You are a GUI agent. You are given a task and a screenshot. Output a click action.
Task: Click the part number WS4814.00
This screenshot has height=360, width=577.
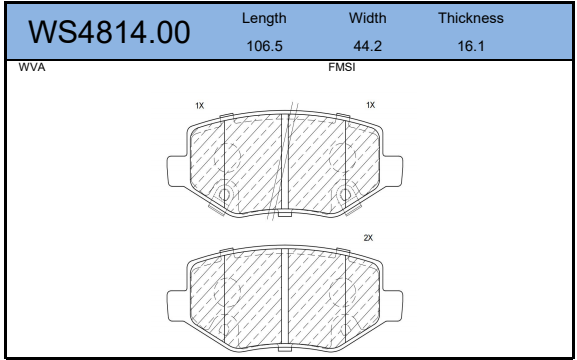[x=109, y=32]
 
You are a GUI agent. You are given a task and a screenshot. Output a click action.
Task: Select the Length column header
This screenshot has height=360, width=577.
[x=264, y=18]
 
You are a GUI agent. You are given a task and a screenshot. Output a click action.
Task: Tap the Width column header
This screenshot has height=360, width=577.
[x=368, y=18]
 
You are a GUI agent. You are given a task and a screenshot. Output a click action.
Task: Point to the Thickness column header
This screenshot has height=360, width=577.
[x=471, y=18]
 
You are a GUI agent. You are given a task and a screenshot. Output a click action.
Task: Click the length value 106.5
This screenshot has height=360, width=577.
[x=264, y=46]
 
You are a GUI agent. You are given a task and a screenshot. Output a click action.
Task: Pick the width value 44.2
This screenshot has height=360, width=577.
[x=368, y=46]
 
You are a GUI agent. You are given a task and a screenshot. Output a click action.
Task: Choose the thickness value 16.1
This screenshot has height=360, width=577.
[x=471, y=46]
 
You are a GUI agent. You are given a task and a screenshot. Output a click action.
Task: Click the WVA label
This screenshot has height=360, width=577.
[x=32, y=67]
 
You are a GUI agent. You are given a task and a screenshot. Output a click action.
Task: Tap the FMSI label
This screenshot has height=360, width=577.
[x=342, y=67]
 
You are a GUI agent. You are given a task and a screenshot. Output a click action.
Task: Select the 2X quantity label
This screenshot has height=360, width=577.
[x=368, y=238]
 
